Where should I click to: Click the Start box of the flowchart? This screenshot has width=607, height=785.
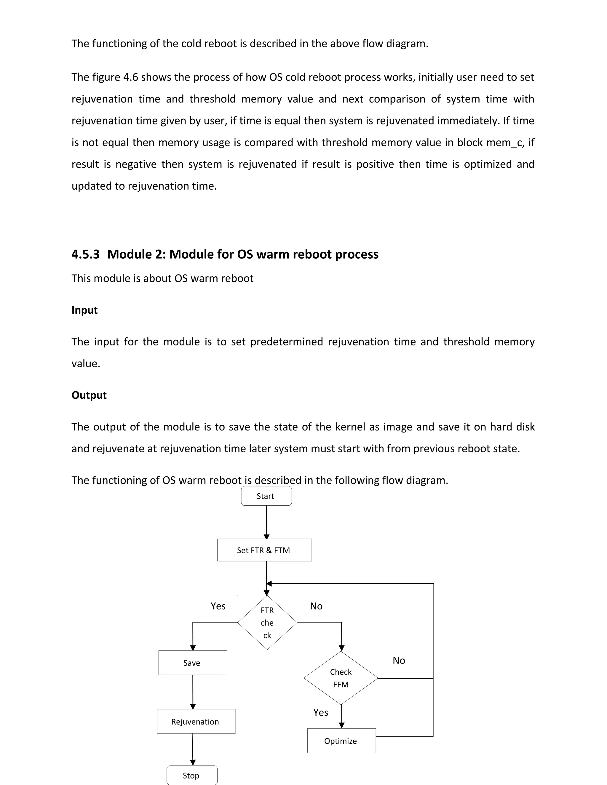[x=266, y=496]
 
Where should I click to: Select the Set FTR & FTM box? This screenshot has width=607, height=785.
[x=264, y=550]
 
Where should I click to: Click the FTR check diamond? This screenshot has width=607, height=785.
[x=267, y=623]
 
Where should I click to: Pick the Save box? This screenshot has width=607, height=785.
[x=193, y=663]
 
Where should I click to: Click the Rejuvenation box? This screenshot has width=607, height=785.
[x=196, y=722]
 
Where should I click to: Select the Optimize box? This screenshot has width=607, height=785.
[x=341, y=741]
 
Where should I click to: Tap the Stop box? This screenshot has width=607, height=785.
[x=192, y=775]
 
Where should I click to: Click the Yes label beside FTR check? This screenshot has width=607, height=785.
[x=218, y=606]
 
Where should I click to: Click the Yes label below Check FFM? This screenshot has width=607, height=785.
[x=320, y=712]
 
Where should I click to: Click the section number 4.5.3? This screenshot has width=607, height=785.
[x=86, y=254]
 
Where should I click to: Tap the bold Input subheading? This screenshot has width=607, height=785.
[x=84, y=310]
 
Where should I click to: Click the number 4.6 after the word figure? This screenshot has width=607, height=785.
[x=130, y=77]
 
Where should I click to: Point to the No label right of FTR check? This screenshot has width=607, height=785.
[x=316, y=606]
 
